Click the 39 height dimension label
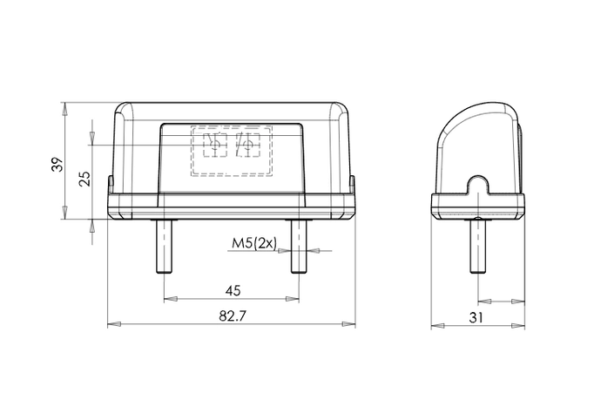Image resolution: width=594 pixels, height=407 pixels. click(57, 164)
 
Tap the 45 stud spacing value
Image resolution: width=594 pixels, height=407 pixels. click(233, 291)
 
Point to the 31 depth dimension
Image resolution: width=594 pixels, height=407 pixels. click(476, 317)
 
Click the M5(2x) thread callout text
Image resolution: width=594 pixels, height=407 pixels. click(254, 243)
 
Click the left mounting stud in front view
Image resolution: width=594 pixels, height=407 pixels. click(164, 246)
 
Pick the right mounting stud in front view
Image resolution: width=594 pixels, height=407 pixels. click(299, 246)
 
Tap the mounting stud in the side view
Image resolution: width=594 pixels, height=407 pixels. click(478, 246)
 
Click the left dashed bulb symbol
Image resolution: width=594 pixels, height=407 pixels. click(215, 145)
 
